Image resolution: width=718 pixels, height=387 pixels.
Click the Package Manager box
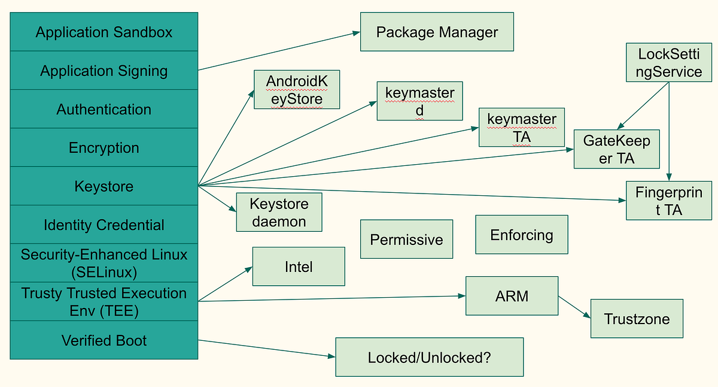click(437, 32)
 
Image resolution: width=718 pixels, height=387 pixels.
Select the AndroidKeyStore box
click(297, 90)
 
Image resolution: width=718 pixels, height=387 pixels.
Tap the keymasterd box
click(419, 101)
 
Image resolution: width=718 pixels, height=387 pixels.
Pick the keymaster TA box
click(521, 128)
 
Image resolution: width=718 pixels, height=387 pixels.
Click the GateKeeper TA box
click(616, 149)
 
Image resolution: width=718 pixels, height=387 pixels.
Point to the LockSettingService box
click(670, 62)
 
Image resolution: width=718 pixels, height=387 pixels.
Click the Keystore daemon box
click(279, 212)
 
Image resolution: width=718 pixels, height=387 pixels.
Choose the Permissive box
click(406, 240)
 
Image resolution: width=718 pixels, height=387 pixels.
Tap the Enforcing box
click(521, 235)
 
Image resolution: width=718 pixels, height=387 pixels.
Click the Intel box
click(299, 267)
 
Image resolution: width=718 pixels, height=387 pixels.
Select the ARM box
click(512, 296)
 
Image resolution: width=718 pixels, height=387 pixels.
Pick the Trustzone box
click(637, 319)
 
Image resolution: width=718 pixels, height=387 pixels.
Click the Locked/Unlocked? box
click(429, 358)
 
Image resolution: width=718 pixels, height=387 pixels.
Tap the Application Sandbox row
click(104, 32)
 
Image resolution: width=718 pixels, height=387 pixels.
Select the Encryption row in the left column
click(104, 147)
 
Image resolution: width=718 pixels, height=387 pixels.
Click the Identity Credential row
click(104, 225)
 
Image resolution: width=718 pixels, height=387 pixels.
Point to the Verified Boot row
click(104, 340)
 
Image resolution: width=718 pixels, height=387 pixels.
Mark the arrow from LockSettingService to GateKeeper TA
click(644, 106)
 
